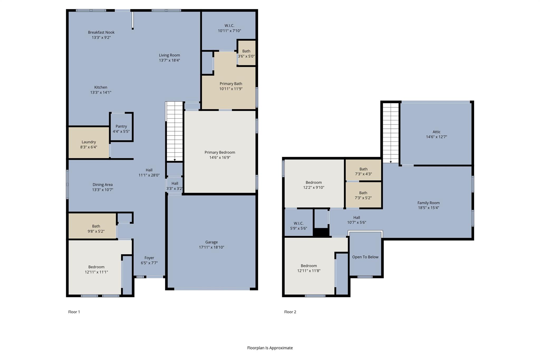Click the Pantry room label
pos(121,126)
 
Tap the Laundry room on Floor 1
pos(89,143)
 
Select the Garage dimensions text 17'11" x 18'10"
pos(211,247)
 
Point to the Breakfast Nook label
pos(101,32)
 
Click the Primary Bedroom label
pos(220,152)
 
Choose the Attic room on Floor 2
pos(436,134)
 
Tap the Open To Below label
pos(365,257)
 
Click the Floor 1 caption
pos(74,312)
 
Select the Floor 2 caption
pos(290,312)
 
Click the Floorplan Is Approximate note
pos(270,348)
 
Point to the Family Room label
pos(428,203)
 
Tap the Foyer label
pos(149,258)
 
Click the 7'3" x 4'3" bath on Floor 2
pos(363,170)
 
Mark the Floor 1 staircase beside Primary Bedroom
pos(175,131)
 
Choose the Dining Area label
pos(103,185)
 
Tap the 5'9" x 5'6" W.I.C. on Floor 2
pos(298,222)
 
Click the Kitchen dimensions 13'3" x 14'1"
pos(101,93)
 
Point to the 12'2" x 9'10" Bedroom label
pos(314,183)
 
